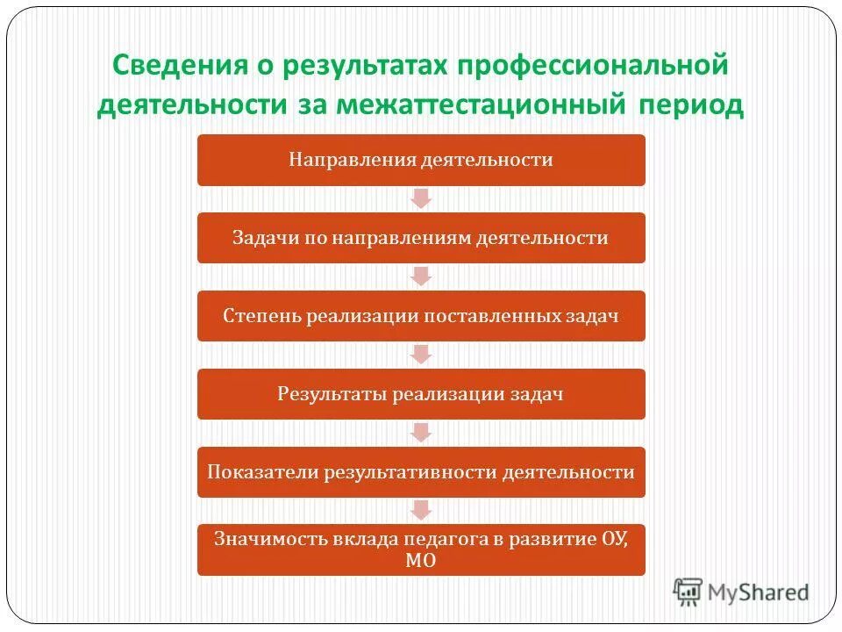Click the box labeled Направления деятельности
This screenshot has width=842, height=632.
(421, 160)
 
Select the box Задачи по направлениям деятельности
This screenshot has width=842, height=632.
(421, 238)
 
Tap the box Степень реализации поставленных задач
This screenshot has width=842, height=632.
(421, 316)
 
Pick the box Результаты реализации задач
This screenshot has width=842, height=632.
(421, 394)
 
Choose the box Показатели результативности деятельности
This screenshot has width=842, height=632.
(421, 472)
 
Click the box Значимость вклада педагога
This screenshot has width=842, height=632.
(421, 549)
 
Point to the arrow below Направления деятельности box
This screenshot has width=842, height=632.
(421, 199)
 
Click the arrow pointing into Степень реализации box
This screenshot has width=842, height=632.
(421, 277)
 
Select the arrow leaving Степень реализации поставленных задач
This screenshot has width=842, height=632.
(421, 355)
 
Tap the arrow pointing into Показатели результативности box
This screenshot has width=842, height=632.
(421, 434)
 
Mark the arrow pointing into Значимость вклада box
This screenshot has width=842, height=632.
(421, 511)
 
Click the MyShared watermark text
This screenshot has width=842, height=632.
(758, 592)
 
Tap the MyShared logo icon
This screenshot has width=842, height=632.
(688, 592)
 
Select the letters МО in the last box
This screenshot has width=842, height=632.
(421, 561)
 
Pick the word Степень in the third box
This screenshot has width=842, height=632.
(261, 316)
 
